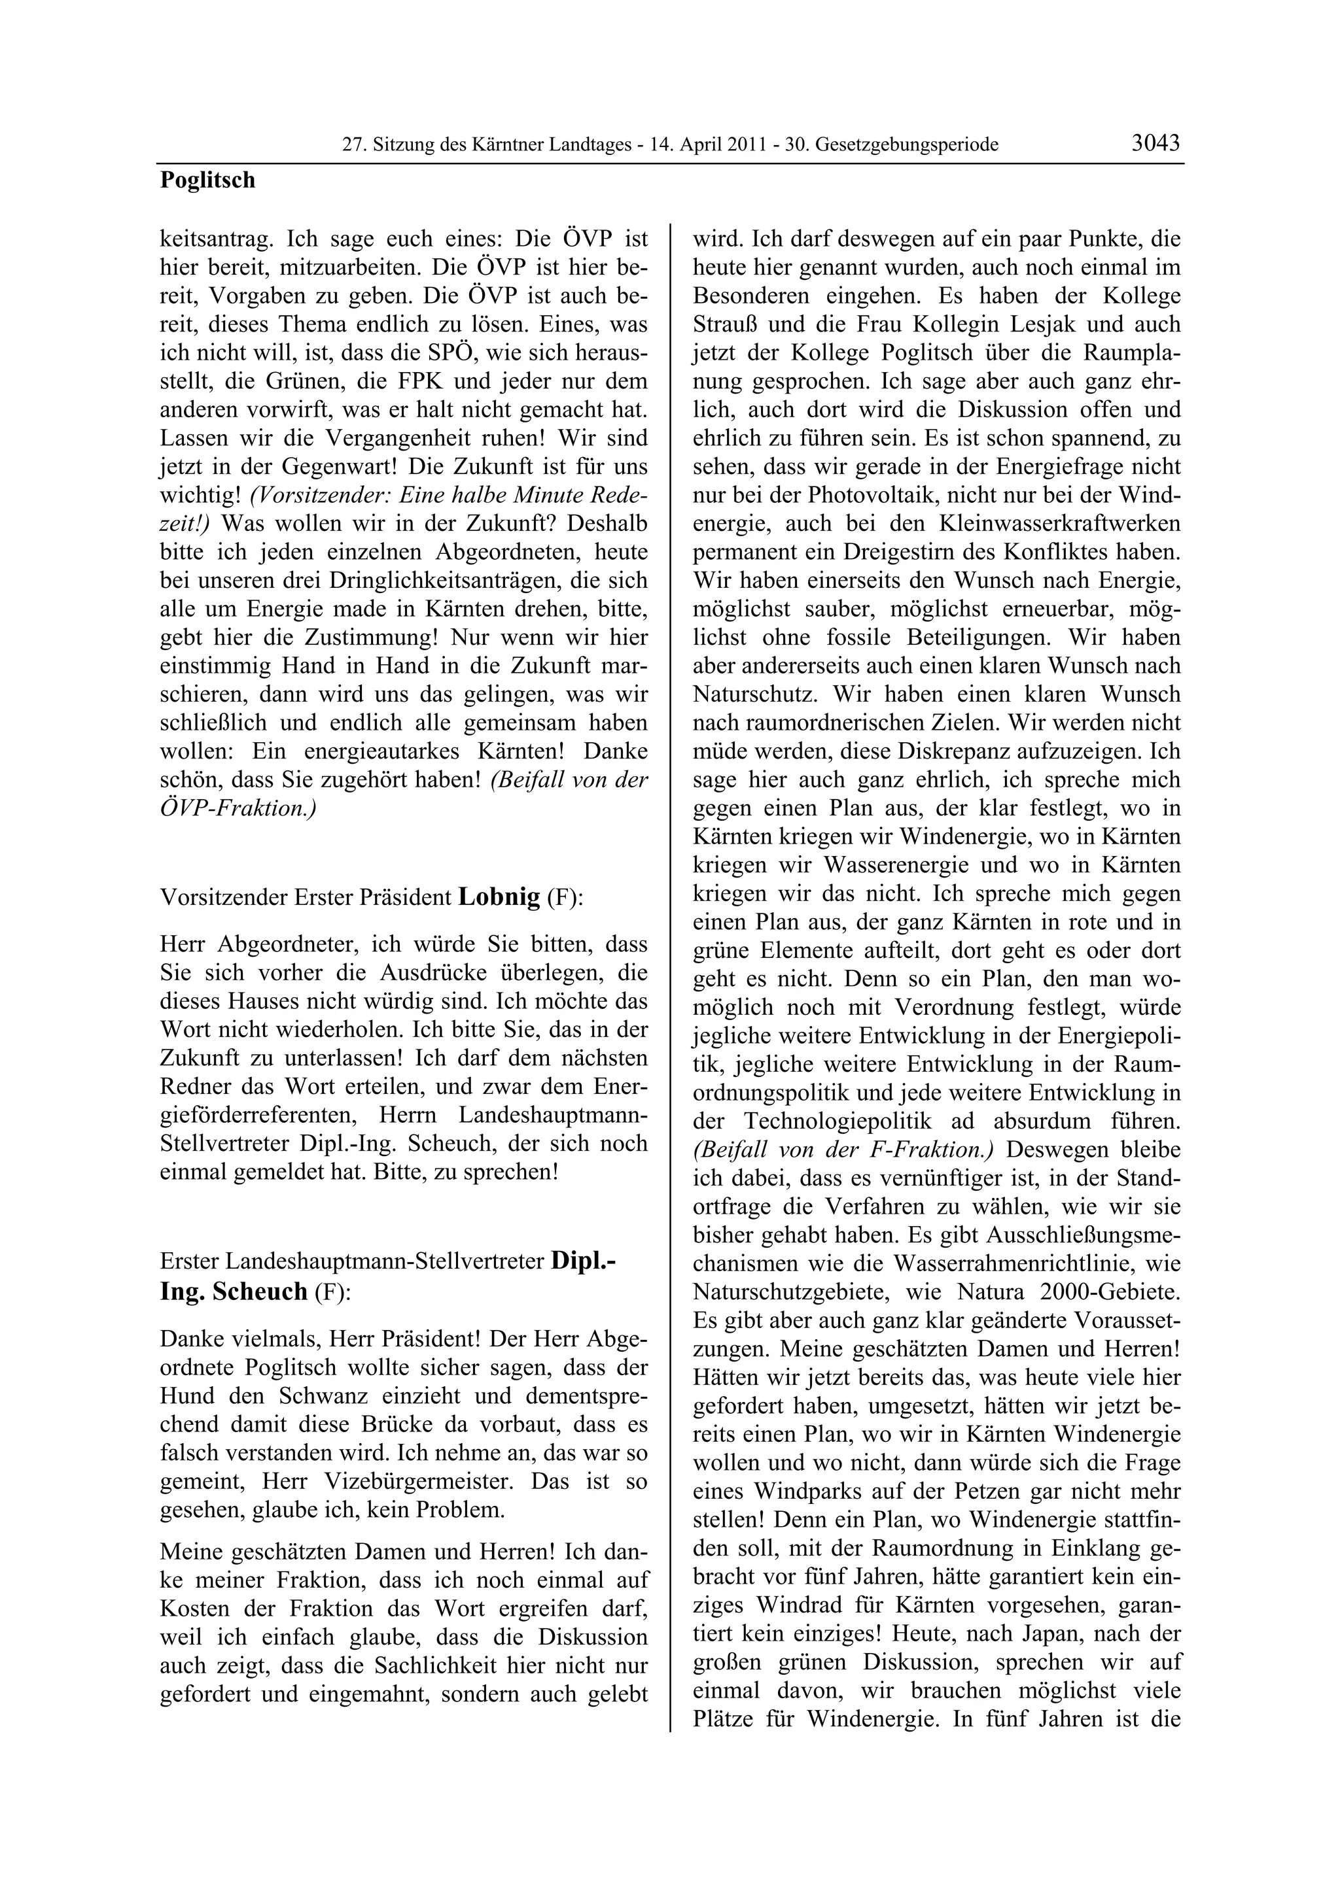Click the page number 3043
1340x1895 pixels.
point(1155,143)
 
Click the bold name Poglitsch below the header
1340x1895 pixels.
point(207,180)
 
